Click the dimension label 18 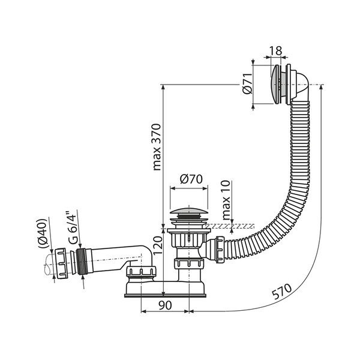click(275, 51)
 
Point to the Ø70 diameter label click(190, 179)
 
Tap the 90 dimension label click(166, 305)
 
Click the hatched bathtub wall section click(234, 227)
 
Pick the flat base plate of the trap click(166, 294)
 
